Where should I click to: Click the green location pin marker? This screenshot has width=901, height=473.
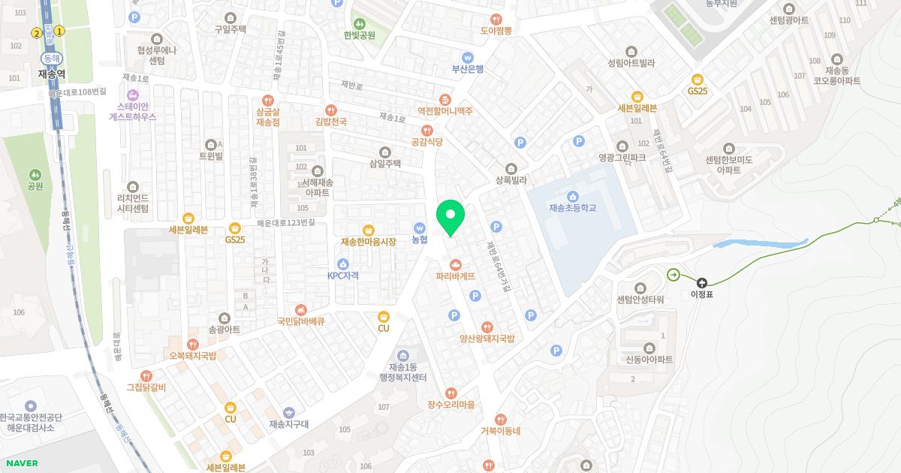450,216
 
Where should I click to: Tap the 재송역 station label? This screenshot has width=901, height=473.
52,74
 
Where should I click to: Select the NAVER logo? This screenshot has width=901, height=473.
21,463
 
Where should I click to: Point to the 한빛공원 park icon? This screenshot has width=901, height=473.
359,23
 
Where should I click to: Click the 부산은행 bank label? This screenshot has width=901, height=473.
467,69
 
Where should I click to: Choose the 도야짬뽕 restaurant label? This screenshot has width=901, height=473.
496,31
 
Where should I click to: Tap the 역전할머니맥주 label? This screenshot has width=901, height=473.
444,110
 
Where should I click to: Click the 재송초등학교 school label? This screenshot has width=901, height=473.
572,208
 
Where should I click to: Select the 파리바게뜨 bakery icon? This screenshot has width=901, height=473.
456,264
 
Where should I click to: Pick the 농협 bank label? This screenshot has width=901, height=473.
419,240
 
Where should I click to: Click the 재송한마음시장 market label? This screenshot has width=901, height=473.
368,242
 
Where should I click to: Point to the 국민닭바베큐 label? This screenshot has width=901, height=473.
300,321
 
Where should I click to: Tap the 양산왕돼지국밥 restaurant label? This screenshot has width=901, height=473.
487,339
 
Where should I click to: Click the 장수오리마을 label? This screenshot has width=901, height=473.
450,405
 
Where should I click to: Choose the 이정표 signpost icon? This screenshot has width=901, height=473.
702,282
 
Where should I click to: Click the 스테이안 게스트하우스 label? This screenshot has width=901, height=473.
133,111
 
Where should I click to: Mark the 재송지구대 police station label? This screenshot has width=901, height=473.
289,424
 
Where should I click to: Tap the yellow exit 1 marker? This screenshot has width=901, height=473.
59,31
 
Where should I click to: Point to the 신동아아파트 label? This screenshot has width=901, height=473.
649,360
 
